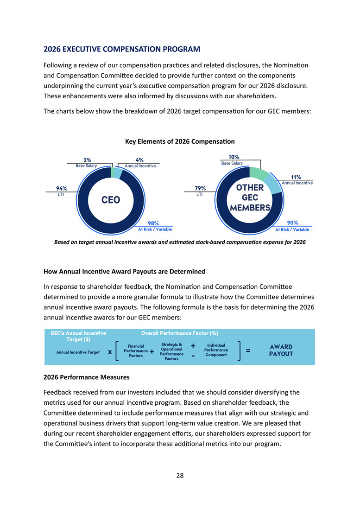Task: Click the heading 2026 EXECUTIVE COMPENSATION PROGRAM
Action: tap(121, 49)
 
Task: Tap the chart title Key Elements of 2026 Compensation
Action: tap(180, 141)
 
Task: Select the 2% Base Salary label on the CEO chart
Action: tap(87, 163)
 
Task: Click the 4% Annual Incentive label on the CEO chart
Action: tap(140, 163)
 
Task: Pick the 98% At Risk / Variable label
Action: tap(155, 226)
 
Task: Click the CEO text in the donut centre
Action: tap(111, 200)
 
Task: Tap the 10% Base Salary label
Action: tap(233, 160)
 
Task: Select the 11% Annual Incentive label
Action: tap(297, 180)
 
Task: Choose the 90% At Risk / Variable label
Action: tap(292, 226)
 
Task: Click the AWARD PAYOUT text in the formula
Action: tap(281, 350)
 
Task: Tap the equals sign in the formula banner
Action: tap(248, 351)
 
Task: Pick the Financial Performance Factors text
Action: tap(136, 351)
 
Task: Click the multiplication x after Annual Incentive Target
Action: tap(109, 352)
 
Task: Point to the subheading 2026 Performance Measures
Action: tap(86, 377)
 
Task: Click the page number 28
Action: tap(180, 475)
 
